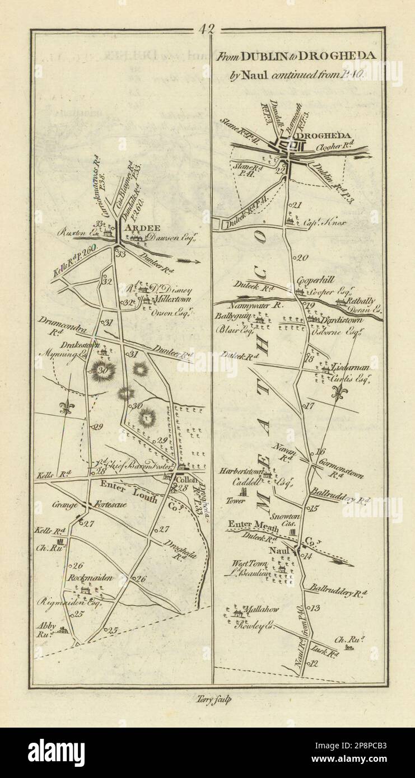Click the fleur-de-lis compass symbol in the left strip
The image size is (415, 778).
point(67,407)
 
